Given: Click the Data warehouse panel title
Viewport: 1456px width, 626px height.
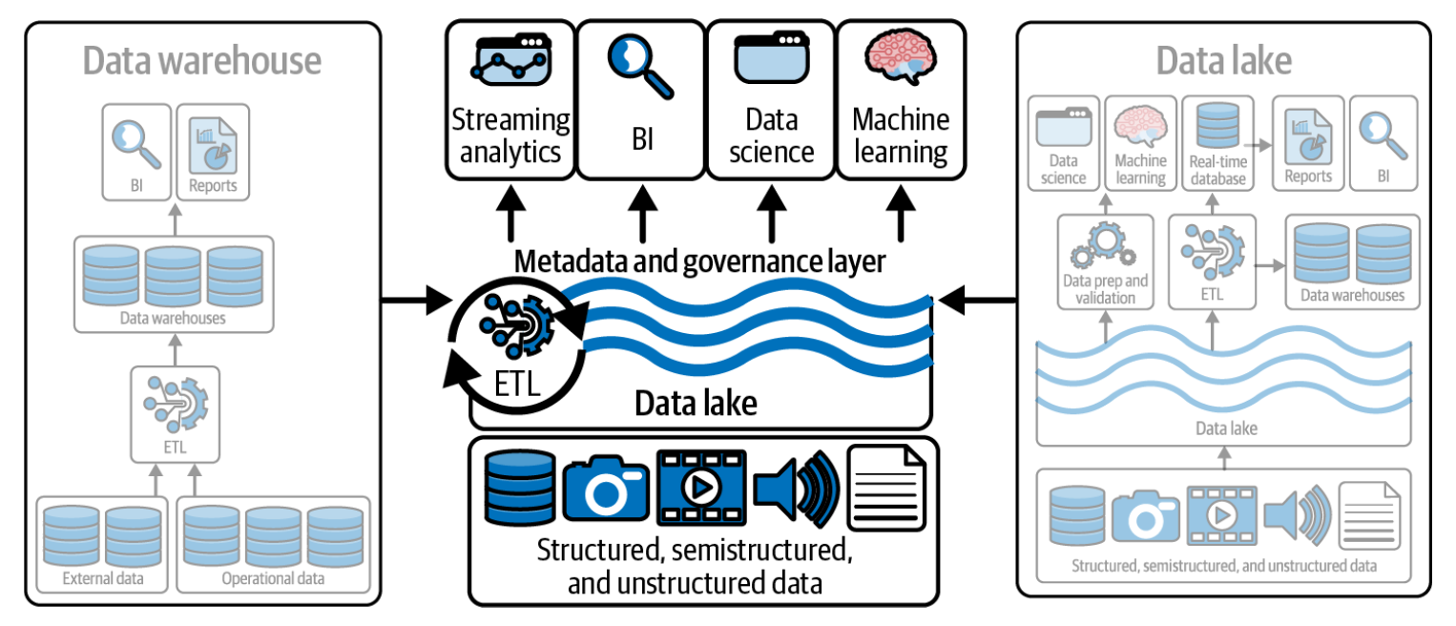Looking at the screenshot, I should coord(201,61).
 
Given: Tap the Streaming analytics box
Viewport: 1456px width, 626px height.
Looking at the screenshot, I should coord(510,100).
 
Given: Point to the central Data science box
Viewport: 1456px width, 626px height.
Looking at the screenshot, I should coord(770,100).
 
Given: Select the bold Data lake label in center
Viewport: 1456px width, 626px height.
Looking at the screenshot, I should coord(696,404).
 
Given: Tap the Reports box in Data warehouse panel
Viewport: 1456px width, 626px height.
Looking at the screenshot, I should coord(213,153).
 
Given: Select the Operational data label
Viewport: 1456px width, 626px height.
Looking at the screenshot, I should coord(273,578).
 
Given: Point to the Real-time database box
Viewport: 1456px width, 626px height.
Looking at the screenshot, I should coord(1217,142).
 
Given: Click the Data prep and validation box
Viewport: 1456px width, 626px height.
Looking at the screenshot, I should coord(1105,261).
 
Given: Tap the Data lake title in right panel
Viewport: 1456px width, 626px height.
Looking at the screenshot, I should coord(1223,61).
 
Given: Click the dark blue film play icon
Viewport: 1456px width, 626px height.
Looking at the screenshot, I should coord(700,488).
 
